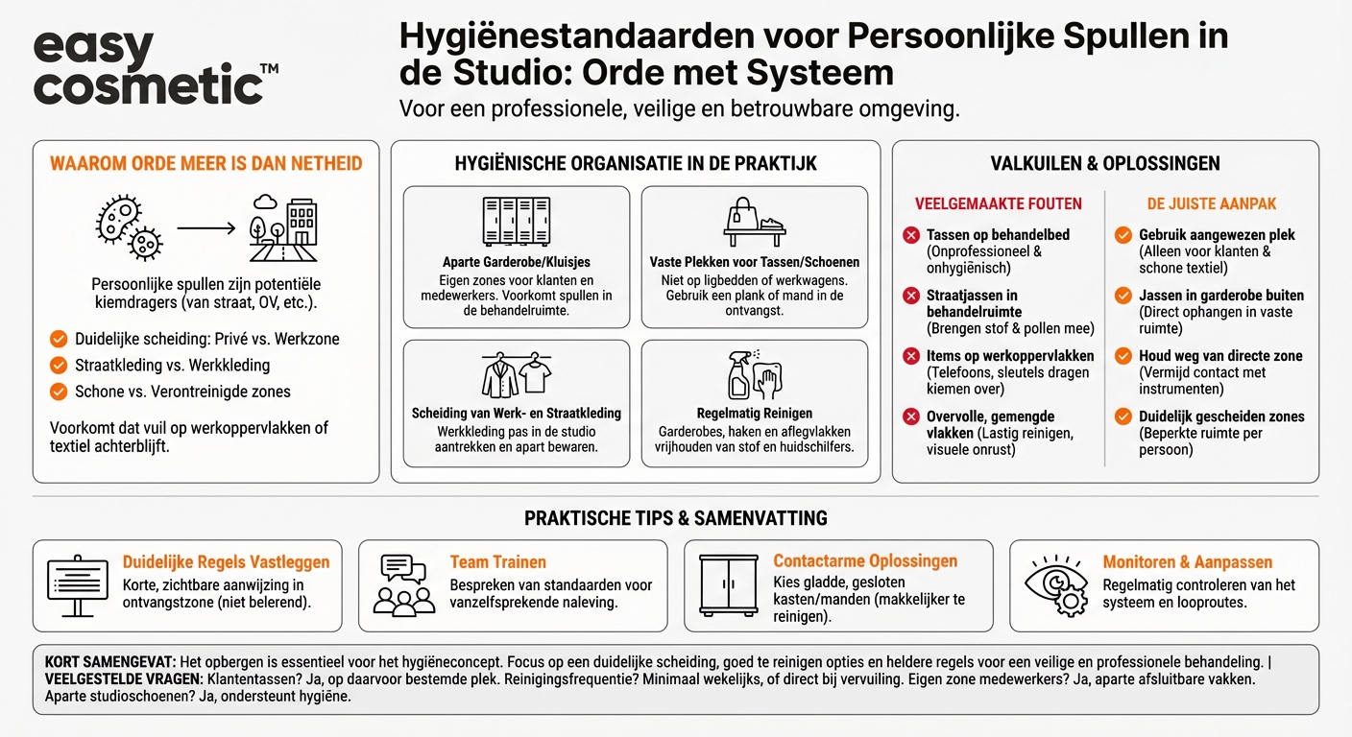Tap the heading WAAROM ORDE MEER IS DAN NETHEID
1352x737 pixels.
(x=205, y=163)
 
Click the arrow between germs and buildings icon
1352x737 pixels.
(x=205, y=228)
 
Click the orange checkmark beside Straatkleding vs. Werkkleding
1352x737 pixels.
(x=59, y=365)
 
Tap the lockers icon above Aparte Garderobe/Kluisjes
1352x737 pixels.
(x=516, y=222)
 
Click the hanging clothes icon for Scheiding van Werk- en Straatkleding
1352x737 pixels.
(x=516, y=375)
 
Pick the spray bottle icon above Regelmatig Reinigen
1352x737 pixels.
(x=754, y=374)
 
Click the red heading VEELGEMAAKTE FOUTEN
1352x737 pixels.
(x=999, y=203)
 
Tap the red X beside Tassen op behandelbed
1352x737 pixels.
(x=911, y=235)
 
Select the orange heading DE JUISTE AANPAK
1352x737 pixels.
(x=1212, y=203)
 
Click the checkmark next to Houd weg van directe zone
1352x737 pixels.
(x=1123, y=356)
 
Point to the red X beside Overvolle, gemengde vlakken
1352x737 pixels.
(x=911, y=416)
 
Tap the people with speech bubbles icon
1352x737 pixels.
(x=403, y=584)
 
